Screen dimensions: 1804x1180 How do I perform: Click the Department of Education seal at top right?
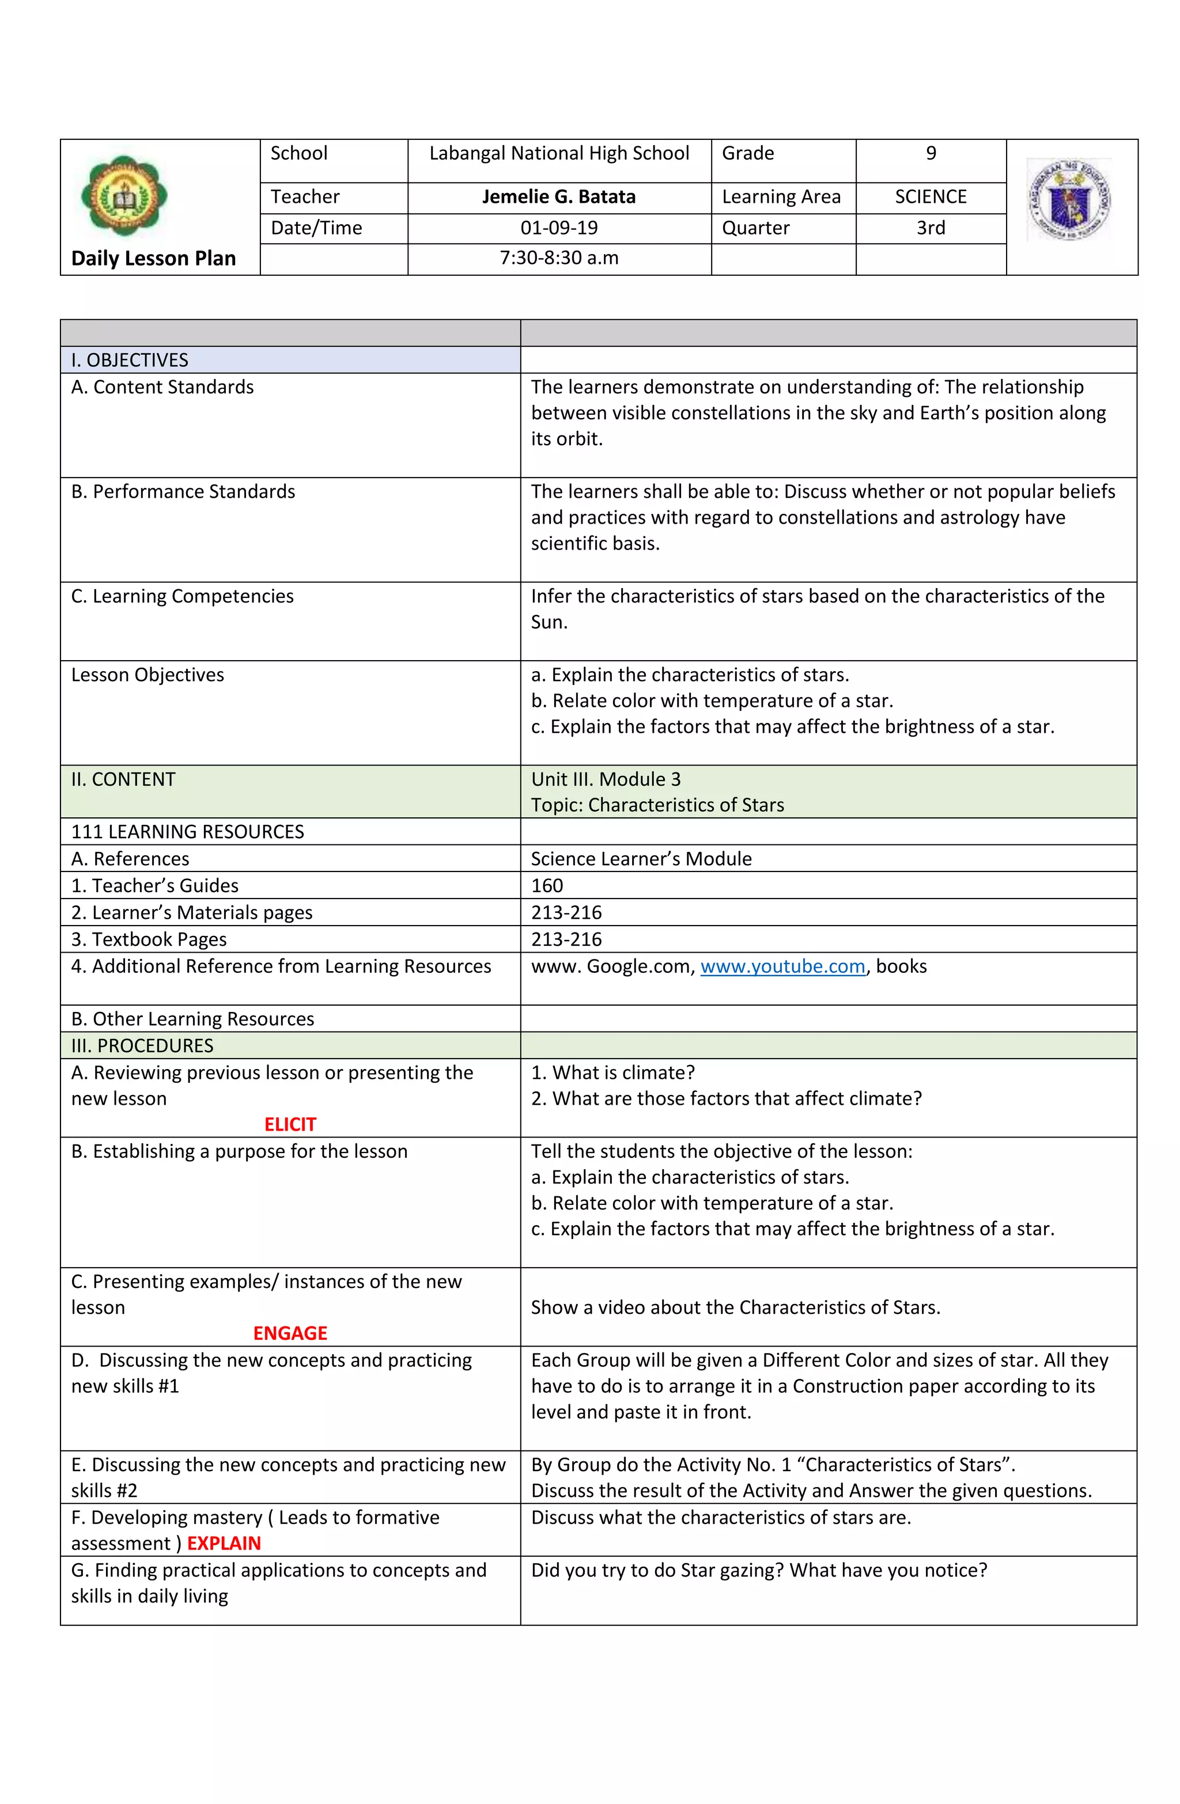1069,199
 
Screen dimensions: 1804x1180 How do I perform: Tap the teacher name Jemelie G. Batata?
559,197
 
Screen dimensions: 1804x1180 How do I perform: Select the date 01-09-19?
559,228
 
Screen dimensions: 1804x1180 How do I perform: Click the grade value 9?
931,154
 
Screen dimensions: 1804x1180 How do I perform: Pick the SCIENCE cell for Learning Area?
931,197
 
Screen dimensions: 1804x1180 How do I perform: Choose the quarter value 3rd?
931,228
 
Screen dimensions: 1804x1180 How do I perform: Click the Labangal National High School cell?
559,154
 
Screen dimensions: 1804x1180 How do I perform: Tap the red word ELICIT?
290,1124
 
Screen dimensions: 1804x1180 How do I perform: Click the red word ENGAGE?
290,1332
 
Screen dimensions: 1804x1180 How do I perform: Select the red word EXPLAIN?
224,1543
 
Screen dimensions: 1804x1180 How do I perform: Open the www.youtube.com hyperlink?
782,967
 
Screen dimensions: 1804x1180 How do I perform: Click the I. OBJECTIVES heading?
130,360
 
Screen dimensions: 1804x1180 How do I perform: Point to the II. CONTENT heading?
123,779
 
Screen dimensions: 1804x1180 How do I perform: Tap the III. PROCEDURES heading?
142,1046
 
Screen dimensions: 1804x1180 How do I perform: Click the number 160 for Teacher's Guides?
547,886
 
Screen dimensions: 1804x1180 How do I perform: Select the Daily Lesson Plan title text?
153,259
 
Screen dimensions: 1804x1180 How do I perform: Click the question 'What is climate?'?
612,1072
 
